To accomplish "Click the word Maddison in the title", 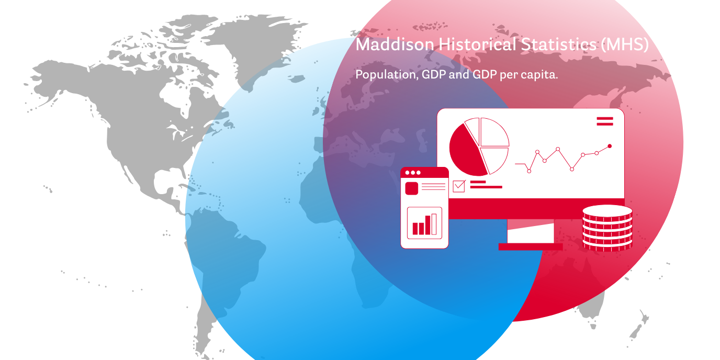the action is [x=395, y=44].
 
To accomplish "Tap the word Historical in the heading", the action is [x=477, y=44].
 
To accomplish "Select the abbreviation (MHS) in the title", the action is [x=625, y=44].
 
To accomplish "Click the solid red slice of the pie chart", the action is [x=467, y=151].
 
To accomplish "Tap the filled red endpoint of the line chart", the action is [x=610, y=147].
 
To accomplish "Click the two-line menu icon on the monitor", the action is [x=605, y=121].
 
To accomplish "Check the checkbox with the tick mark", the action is [x=459, y=186].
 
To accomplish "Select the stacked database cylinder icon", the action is [x=607, y=228].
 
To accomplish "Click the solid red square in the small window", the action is [x=411, y=188].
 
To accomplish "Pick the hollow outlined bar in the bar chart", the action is [x=434, y=224].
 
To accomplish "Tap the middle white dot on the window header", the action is [x=413, y=173].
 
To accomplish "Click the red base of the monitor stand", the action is [x=531, y=246].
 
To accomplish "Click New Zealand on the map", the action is [x=638, y=327].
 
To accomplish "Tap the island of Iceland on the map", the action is [x=296, y=78].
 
